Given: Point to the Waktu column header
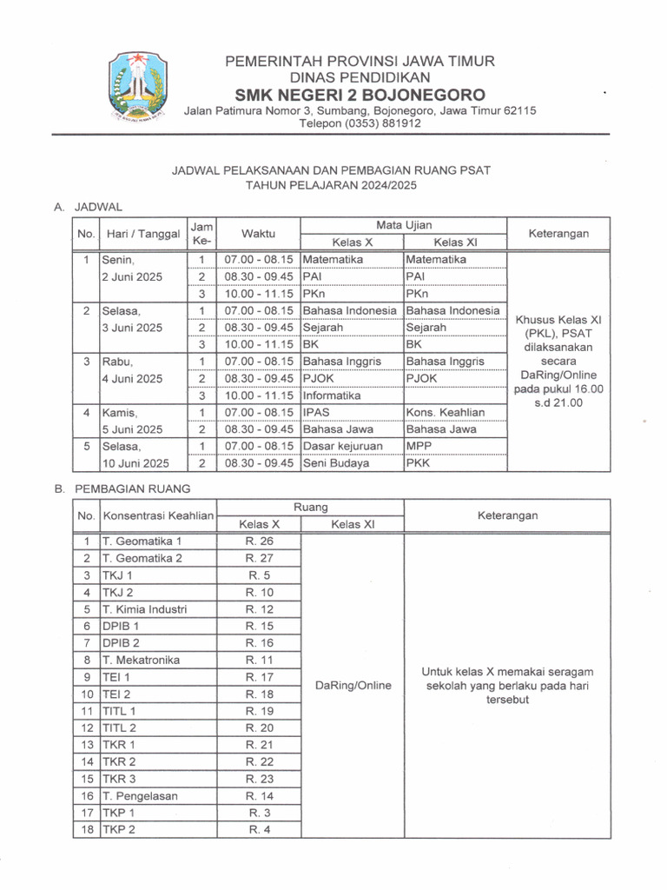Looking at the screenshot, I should pyautogui.click(x=258, y=234).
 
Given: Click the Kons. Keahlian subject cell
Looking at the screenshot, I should pyautogui.click(x=446, y=412).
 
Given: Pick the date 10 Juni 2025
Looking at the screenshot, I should pyautogui.click(x=135, y=463).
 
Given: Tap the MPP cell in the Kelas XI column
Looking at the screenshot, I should pyautogui.click(x=419, y=446).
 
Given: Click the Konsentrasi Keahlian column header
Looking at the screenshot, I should pyautogui.click(x=158, y=515).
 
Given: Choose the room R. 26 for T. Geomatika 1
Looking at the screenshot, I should pyautogui.click(x=259, y=541).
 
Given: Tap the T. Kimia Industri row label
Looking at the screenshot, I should pyautogui.click(x=145, y=608).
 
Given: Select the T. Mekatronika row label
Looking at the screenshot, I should pyautogui.click(x=142, y=660).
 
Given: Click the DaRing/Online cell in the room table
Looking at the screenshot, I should pyautogui.click(x=352, y=685).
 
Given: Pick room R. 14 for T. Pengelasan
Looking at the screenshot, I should pyautogui.click(x=259, y=795).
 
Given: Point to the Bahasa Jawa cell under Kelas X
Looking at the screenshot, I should pyautogui.click(x=338, y=429).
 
